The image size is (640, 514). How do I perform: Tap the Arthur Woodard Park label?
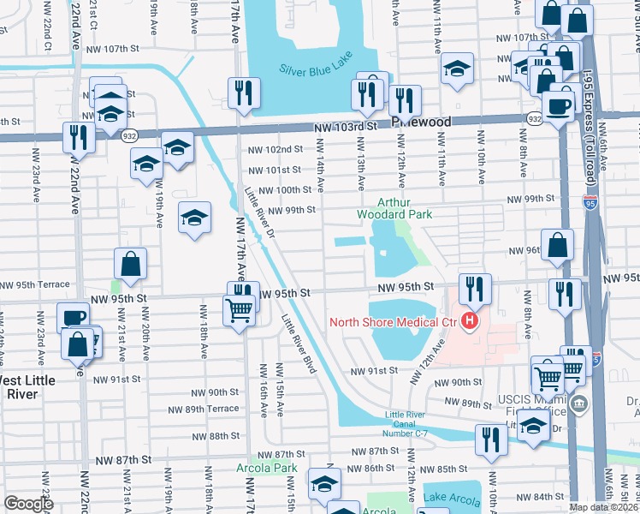pyautogui.click(x=395, y=208)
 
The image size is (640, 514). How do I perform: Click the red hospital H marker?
pyautogui.click(x=469, y=322)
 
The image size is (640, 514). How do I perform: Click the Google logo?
pyautogui.click(x=28, y=504)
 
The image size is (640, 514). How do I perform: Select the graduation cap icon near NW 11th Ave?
pyautogui.click(x=458, y=69)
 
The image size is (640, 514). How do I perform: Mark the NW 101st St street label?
pyautogui.click(x=276, y=170)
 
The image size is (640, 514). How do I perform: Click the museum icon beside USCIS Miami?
pyautogui.click(x=580, y=404)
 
